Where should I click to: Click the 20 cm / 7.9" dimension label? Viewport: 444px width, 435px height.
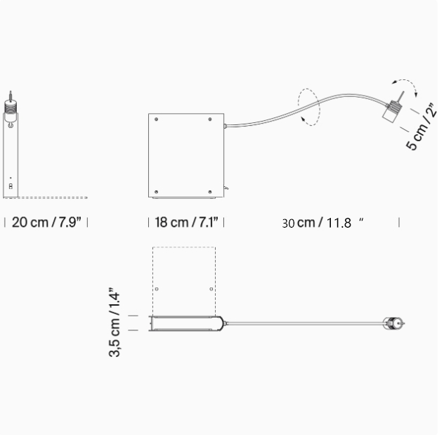click(x=46, y=222)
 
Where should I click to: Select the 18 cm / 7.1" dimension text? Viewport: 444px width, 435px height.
click(x=186, y=222)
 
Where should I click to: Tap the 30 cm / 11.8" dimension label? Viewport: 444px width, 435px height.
click(x=322, y=223)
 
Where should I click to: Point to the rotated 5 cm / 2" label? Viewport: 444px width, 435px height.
click(x=422, y=127)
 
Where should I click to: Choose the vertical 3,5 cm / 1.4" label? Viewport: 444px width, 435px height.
click(x=115, y=323)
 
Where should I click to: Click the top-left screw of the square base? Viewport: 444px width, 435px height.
click(x=156, y=119)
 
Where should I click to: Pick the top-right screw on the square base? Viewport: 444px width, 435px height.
click(x=210, y=119)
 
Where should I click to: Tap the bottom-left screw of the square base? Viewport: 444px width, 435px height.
click(x=156, y=192)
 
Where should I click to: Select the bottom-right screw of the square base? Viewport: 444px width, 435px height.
click(x=210, y=192)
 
